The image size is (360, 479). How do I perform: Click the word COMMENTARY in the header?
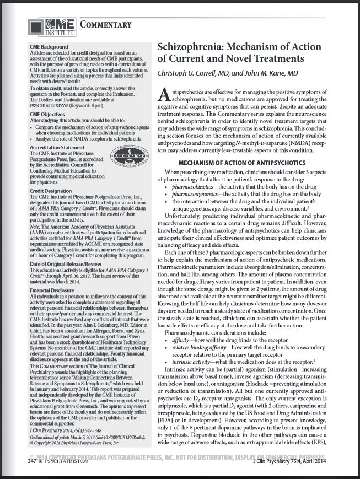click(x=105, y=24)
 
